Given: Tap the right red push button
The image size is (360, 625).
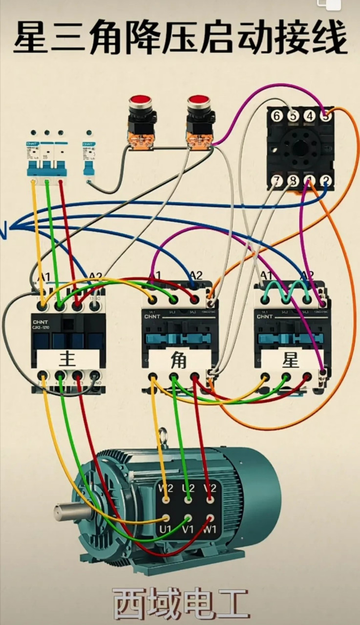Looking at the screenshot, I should tap(198, 102).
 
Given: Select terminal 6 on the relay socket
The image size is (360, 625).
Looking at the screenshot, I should tap(276, 116).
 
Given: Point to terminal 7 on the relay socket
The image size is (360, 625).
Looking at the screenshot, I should tap(277, 181).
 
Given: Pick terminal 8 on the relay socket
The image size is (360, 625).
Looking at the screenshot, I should tap(293, 181).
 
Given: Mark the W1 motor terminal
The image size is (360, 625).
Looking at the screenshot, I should tap(210, 518).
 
